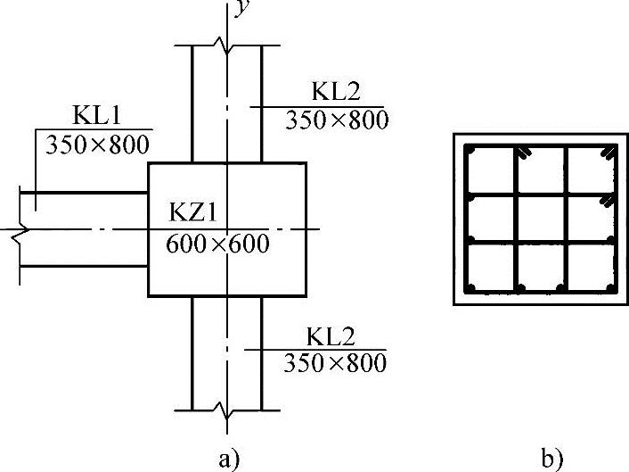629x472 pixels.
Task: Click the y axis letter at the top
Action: (241, 10)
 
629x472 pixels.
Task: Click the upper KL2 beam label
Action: (339, 92)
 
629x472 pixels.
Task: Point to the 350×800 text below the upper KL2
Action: (337, 120)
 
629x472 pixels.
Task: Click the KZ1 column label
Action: (199, 214)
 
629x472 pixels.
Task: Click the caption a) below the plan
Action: (229, 460)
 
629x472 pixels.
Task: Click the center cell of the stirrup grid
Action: (540, 219)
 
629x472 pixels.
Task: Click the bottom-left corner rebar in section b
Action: (472, 286)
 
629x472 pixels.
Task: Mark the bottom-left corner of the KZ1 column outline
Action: (149, 296)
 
